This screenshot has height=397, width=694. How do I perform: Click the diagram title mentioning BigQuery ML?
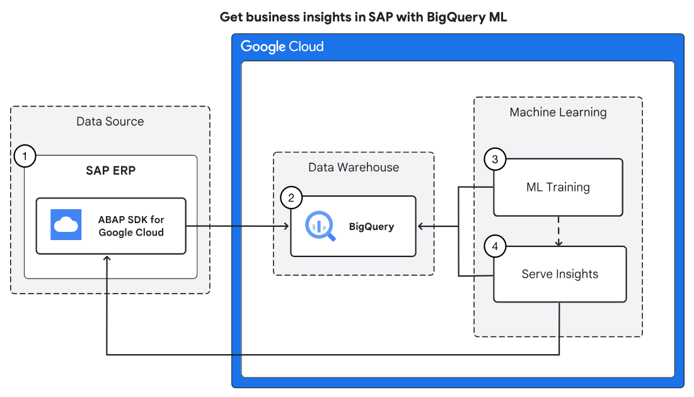(363, 17)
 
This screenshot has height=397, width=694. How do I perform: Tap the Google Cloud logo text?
(282, 47)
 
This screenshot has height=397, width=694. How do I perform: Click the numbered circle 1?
(25, 155)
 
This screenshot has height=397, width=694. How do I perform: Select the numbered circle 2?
(291, 198)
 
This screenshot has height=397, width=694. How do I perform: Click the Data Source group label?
(110, 121)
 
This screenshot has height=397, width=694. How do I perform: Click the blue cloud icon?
(66, 224)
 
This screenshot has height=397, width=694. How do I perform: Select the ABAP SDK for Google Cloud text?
(130, 226)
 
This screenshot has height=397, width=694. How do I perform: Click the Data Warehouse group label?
(353, 167)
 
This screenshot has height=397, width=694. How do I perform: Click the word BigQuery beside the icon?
(371, 226)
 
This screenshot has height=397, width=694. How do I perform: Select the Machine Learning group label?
(558, 112)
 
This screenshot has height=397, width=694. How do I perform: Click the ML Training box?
(558, 187)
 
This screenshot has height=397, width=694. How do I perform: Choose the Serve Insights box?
(560, 274)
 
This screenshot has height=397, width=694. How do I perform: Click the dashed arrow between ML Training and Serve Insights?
(558, 231)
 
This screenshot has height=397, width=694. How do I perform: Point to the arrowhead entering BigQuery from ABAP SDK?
(286, 226)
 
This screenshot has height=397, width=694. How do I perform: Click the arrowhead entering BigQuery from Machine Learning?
(421, 226)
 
